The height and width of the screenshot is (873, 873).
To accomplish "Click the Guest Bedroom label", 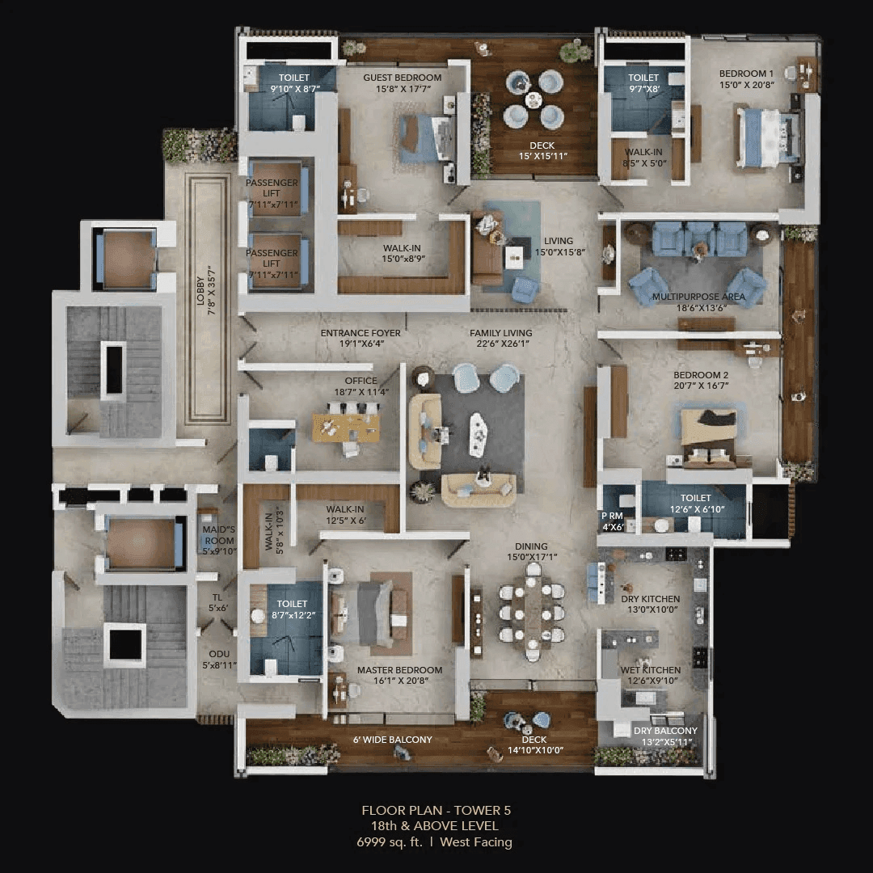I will point(402,78).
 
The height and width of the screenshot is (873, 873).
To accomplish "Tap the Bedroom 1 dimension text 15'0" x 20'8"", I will point(746,84).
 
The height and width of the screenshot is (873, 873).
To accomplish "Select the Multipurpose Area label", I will point(698,297).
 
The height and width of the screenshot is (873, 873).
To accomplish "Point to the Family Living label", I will point(501,333).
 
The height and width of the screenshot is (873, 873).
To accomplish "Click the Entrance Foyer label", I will point(361,333).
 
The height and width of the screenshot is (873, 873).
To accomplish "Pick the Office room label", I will point(361,381).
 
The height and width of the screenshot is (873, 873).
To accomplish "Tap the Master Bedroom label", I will point(399,670).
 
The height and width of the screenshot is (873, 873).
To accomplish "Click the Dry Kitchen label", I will point(650,599).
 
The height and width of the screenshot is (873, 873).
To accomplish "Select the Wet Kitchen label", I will point(650,670).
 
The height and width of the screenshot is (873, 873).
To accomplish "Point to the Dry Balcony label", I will point(665,731).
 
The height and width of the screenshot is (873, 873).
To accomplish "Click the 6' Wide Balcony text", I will point(392,740).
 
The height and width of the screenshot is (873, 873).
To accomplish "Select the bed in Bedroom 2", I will point(708,437).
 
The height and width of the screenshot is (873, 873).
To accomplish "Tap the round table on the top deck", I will point(533,100).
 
